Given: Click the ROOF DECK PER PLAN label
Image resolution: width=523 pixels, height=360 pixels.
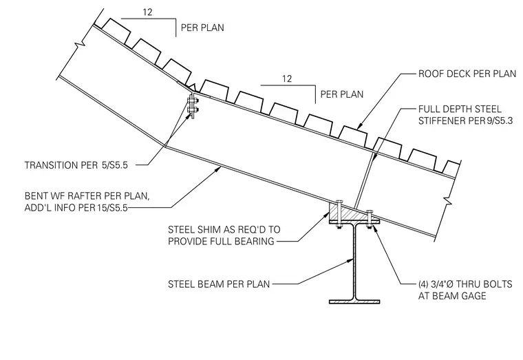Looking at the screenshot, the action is click(x=467, y=74).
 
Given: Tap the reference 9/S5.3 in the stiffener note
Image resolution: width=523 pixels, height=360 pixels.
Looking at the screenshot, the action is click(x=500, y=120).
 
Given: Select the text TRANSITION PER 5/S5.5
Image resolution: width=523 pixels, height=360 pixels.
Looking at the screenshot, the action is click(x=76, y=165).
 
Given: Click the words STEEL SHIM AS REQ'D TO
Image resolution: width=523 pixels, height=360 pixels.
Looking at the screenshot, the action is click(x=224, y=229).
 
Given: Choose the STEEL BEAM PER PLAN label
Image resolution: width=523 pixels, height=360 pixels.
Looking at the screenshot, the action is click(x=219, y=284).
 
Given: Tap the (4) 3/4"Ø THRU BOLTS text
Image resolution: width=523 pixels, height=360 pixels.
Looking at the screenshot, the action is click(x=465, y=284).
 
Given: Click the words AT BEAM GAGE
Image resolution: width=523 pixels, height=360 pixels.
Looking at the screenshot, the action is click(x=452, y=296).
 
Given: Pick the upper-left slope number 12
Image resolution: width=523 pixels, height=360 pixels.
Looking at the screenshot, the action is click(x=147, y=12).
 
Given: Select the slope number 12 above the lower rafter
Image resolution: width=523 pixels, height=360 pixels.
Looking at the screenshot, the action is click(x=287, y=78).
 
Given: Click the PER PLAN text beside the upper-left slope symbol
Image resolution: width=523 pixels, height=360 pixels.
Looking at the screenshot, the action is click(x=202, y=28).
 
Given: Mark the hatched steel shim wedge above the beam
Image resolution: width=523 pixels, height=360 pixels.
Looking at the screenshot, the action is click(x=347, y=213).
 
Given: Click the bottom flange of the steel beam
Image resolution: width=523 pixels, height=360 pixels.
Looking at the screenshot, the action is click(x=354, y=301).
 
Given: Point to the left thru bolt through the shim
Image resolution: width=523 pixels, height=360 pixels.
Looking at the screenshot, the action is click(x=339, y=214).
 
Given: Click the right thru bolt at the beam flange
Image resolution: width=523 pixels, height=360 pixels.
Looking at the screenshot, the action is click(x=370, y=219).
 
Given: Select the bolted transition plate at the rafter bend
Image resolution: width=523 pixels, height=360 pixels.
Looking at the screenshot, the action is click(x=193, y=105).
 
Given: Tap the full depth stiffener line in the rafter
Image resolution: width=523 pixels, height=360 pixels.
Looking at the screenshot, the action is click(x=363, y=181).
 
